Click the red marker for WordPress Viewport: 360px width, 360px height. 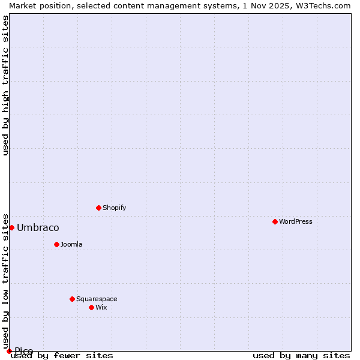[275, 221]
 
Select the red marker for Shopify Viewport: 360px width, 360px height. [98, 208]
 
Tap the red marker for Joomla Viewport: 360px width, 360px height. [56, 244]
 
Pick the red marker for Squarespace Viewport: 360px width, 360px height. [72, 299]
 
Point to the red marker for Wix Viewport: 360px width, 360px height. [91, 307]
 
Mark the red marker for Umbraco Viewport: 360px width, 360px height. [11, 227]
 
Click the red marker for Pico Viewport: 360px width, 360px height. [9, 351]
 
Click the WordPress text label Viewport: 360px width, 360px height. [296, 221]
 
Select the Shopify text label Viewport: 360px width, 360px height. [114, 208]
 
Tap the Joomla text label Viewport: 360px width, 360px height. [71, 244]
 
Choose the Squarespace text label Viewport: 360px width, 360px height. [97, 299]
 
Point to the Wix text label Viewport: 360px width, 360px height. [101, 307]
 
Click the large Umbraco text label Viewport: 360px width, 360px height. [38, 227]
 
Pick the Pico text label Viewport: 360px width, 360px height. [24, 351]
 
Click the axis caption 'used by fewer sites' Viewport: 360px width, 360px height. [62, 355]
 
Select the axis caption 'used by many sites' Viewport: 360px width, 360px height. [301, 355]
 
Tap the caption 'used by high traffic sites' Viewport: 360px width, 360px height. [5, 85]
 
